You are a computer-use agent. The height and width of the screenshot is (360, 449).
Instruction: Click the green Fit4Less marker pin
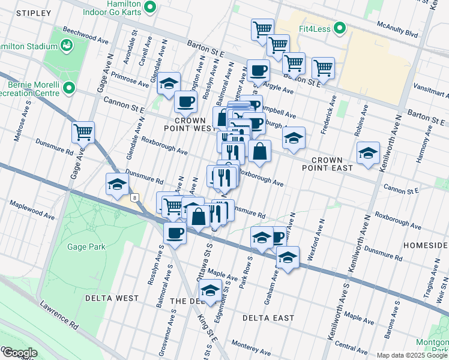340,28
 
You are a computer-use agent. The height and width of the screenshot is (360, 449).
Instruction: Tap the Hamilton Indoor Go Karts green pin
151,8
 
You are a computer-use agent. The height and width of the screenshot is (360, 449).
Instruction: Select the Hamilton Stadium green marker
67,44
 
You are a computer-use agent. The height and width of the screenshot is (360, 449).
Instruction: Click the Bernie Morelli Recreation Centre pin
69,89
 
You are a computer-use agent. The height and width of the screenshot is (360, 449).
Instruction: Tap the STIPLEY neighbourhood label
31,13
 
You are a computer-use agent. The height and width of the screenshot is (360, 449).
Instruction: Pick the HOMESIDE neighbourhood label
425,246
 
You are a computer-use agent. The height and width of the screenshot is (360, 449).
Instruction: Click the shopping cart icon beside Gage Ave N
83,131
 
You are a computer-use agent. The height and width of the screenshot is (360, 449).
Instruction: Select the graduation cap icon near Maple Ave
210,291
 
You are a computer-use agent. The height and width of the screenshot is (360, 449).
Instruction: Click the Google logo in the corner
19,353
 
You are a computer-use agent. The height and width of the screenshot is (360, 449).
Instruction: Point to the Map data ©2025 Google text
412,355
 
